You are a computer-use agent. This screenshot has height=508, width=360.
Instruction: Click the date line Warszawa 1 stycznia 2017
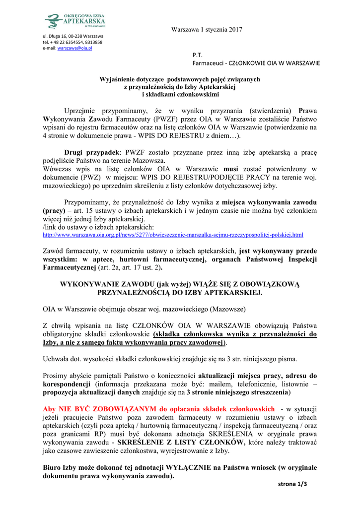click(x=207, y=30)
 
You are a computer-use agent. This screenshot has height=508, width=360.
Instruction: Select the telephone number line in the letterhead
click(x=72, y=42)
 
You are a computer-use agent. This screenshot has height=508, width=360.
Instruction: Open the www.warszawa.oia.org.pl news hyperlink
click(x=173, y=234)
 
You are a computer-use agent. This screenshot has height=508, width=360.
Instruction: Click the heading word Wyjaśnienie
click(x=121, y=79)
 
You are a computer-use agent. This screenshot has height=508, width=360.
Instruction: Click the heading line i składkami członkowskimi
click(x=180, y=94)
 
